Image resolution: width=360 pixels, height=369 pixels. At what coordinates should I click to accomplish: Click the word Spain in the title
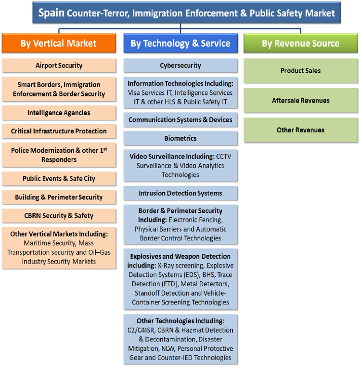pos(51,13)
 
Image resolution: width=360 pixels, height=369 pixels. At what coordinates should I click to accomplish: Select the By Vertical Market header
pos(59,43)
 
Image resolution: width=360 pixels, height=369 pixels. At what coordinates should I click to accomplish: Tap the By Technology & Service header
pos(180,43)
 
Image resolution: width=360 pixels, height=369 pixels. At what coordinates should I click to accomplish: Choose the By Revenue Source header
pos(301,43)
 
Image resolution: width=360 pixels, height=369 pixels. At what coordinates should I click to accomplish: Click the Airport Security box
pos(59,66)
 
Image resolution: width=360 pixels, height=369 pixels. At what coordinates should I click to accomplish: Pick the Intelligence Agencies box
pos(59,113)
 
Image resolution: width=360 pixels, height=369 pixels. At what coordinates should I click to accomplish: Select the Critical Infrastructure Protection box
pos(59,131)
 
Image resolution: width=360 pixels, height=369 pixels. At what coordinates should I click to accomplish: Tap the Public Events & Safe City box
pos(59,179)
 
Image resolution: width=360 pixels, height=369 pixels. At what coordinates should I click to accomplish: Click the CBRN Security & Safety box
pos(59,215)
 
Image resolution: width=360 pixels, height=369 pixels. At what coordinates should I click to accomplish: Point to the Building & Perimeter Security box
pos(59,197)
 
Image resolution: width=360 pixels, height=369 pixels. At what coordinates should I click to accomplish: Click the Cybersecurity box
pos(180,66)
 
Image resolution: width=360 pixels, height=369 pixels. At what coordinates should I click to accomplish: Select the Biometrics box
pos(180,138)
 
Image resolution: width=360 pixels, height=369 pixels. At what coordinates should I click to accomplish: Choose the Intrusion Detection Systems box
pos(180,193)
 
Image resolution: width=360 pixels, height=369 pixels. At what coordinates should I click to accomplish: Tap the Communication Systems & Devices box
pos(180,120)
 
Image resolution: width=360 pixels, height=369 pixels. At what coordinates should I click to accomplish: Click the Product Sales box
pos(301,71)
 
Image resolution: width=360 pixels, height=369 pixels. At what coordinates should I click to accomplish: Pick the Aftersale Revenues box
pos(301,100)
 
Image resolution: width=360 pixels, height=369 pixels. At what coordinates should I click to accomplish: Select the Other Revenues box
pos(301,130)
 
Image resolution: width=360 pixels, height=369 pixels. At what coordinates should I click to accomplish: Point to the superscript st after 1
pos(105,149)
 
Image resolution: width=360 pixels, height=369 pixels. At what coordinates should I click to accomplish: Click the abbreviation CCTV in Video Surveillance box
pos(224,157)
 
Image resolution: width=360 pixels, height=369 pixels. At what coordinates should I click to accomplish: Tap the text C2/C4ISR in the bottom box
pos(141,330)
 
